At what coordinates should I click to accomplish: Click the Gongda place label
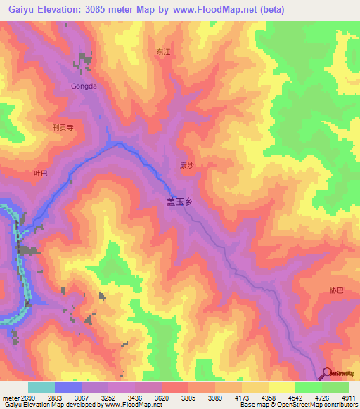(82, 87)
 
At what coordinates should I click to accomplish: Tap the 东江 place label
(164, 53)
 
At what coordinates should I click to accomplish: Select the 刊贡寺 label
(63, 128)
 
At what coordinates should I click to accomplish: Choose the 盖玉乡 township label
(179, 200)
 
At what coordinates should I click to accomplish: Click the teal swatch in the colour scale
(41, 387)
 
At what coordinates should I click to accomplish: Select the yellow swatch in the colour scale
(282, 387)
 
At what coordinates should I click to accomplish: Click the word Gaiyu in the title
(15, 7)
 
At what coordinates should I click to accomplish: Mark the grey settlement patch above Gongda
(85, 60)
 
